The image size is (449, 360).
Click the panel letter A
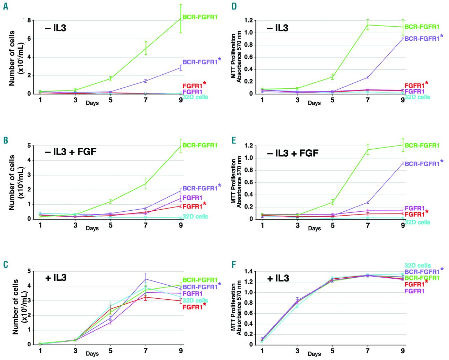point(5,6)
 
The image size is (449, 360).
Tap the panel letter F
point(234,264)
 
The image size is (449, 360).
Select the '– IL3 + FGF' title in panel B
point(71,152)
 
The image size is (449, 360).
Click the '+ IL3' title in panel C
point(56,278)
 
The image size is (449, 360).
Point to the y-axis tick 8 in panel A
point(29,20)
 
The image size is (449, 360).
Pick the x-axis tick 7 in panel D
point(368,100)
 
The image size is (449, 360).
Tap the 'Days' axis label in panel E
point(314,228)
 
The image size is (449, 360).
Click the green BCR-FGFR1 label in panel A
point(200,17)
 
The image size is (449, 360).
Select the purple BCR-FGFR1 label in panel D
point(422,39)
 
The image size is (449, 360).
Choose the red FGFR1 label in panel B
point(192,206)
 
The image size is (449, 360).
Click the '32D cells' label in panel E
point(417,222)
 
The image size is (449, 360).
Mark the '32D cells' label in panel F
point(417,266)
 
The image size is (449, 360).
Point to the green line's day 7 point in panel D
point(368,25)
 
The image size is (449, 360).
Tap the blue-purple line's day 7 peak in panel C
point(146,279)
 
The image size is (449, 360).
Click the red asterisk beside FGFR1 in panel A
point(205,83)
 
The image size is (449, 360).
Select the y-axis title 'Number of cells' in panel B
point(12,182)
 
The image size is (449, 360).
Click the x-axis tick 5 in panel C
point(110,351)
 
